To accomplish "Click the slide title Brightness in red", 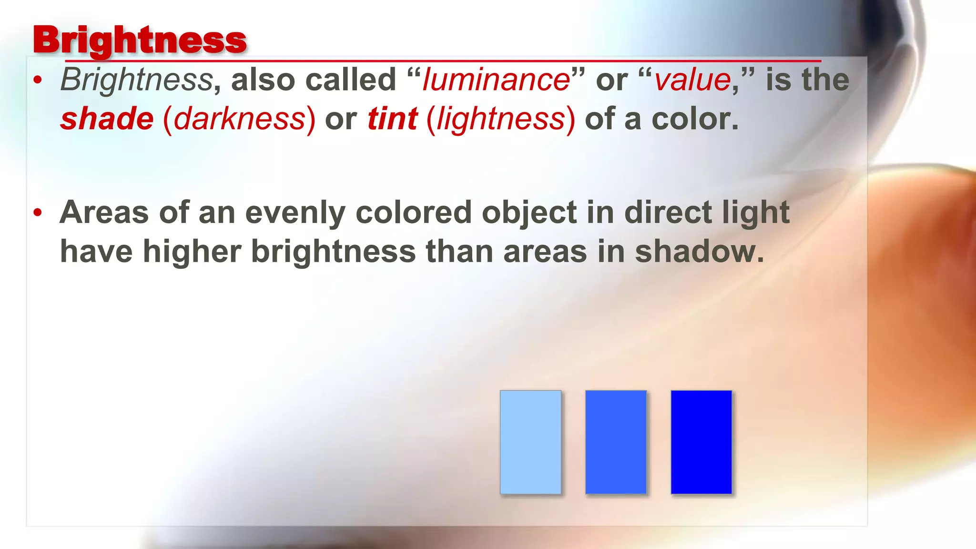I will click(x=140, y=40).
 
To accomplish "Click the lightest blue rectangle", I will click(x=530, y=442).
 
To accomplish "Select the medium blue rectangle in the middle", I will click(x=616, y=442).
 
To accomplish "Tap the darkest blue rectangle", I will click(x=701, y=442).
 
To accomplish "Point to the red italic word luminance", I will click(x=496, y=80).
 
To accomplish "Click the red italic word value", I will click(x=692, y=80).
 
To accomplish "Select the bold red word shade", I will click(x=107, y=119).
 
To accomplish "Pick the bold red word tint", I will click(x=392, y=119).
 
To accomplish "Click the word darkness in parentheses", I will click(x=239, y=119).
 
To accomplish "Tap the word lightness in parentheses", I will click(x=501, y=119).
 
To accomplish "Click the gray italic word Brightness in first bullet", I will click(x=136, y=80).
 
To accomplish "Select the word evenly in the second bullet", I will click(x=295, y=213).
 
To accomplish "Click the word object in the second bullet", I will click(x=529, y=213).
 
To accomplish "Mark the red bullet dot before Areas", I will click(x=38, y=213).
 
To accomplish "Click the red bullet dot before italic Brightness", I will click(x=38, y=80).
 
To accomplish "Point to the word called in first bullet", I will click(x=351, y=80).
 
